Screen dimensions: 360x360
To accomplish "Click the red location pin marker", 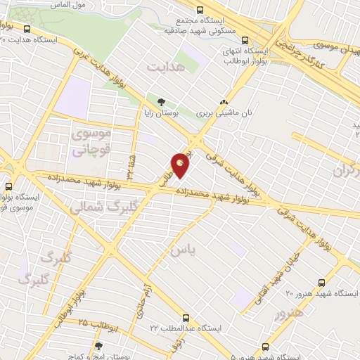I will (181, 165).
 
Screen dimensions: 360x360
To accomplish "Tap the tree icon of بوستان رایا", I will (162, 102).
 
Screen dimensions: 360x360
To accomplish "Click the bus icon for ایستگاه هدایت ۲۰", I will (27, 29).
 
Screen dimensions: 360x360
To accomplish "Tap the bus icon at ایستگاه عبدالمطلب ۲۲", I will (186, 317).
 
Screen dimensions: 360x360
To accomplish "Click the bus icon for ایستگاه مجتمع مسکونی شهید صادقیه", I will (200, 10).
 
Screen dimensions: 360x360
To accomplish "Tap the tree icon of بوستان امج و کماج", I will (98, 346).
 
